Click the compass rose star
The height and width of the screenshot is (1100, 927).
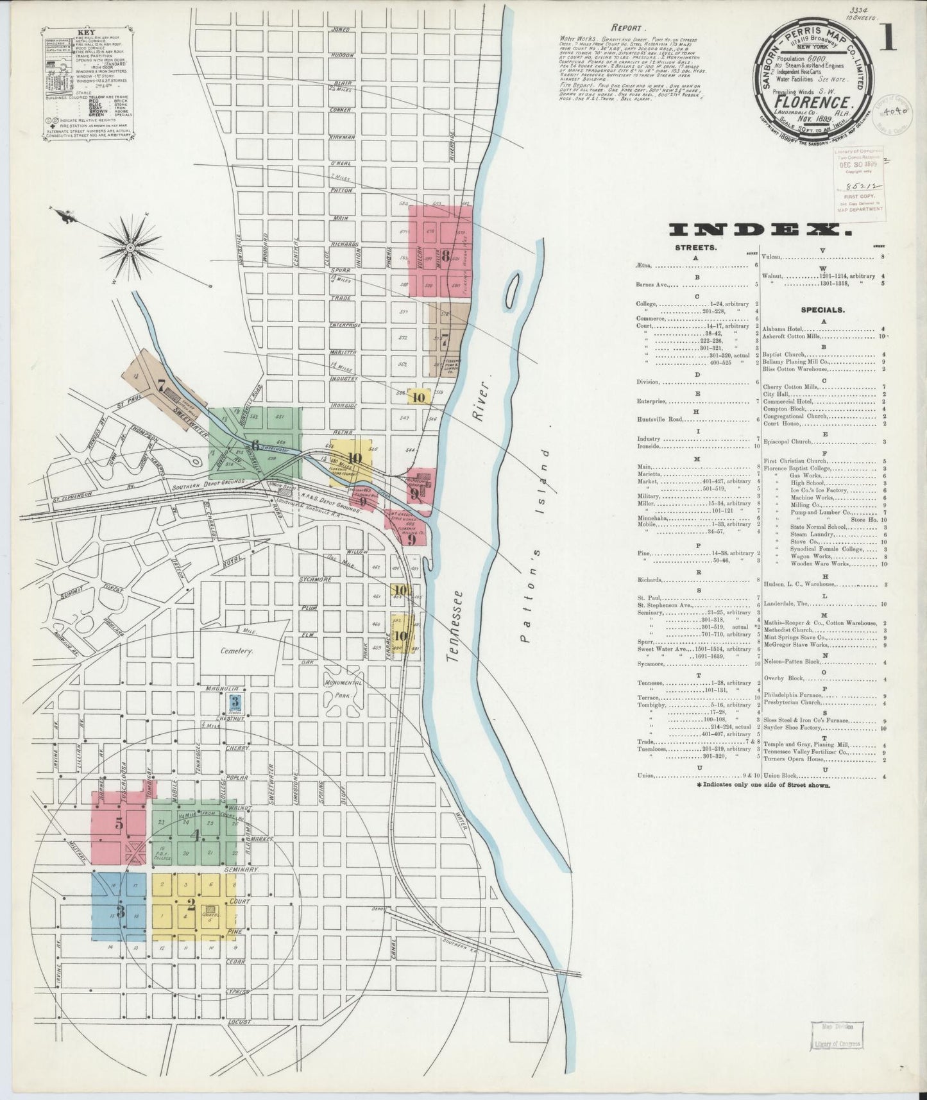point(130,246)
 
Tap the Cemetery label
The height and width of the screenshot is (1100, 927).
point(238,650)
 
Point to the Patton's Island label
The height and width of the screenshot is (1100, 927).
point(534,545)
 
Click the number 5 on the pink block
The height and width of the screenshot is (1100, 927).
point(119,824)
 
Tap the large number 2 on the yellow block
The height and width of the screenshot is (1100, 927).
point(191,905)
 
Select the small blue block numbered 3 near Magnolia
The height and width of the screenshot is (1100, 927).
point(235,701)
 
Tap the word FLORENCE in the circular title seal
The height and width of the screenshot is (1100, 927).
point(814,102)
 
